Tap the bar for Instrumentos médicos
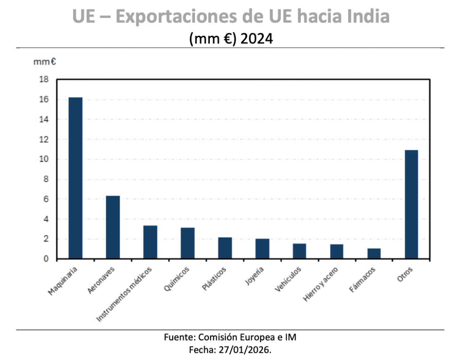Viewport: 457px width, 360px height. point(150,242)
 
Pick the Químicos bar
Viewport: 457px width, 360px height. point(187,243)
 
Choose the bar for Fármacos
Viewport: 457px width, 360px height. point(374,253)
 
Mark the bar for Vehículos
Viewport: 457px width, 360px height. point(299,251)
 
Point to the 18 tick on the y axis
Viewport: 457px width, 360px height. point(45,80)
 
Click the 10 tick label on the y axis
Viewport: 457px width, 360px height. point(45,159)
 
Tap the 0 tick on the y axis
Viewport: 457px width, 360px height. point(46,259)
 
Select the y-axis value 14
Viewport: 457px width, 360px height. point(45,120)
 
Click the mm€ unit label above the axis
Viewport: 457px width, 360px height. point(44,62)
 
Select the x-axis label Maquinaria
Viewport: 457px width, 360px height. point(62,281)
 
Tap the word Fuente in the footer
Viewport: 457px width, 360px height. point(178,337)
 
